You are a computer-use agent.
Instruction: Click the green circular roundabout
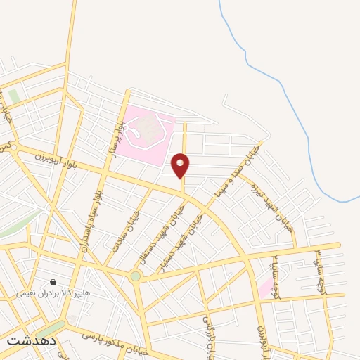tap(135, 276)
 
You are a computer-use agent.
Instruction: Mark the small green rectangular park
tap(14, 96)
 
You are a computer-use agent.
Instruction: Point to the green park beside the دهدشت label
tap(49, 329)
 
